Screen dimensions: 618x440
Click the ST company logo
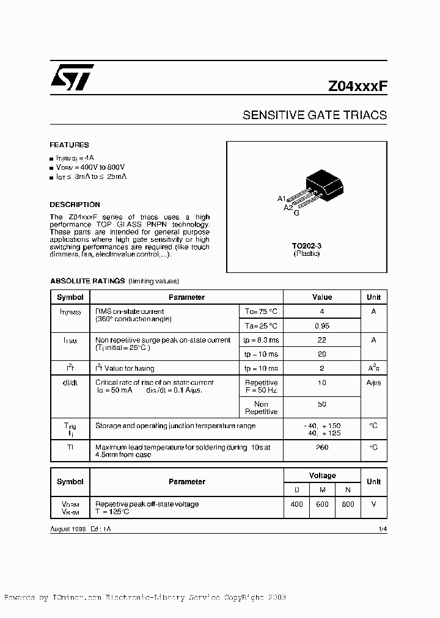tap(71, 78)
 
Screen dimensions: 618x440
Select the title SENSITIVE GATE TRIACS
tap(315, 115)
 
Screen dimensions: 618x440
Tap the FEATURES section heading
tap(69, 145)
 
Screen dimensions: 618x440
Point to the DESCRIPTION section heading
tap(75, 205)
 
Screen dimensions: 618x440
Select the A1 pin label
tap(282, 199)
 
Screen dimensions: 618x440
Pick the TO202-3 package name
tap(306, 245)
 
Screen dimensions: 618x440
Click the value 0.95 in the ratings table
tap(322, 325)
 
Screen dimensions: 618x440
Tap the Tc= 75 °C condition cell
tap(261, 311)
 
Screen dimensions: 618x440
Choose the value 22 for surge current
tap(322, 340)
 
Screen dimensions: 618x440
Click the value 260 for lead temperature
tap(322, 447)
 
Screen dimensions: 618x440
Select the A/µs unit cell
tap(373, 383)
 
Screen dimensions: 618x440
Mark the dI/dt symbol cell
tap(70, 383)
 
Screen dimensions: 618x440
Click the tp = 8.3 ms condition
tap(261, 340)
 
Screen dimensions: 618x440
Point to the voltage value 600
tap(322, 504)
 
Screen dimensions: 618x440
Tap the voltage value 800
tap(348, 504)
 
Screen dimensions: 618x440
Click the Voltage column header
tap(322, 476)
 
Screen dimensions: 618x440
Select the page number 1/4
tap(383, 529)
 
